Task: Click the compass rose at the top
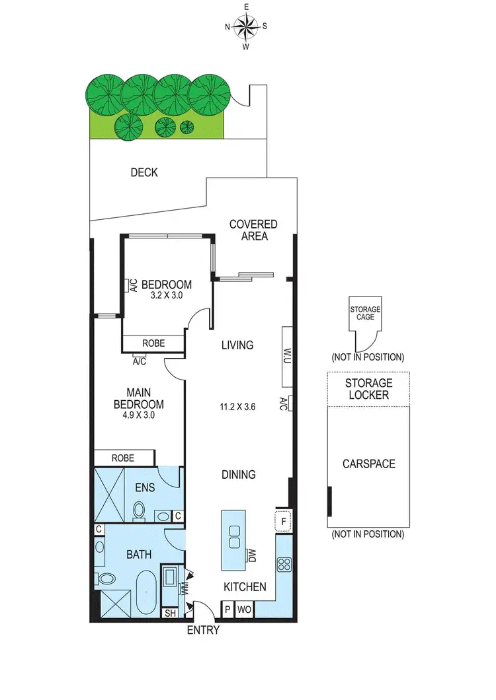tap(246, 27)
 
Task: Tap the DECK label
tap(144, 172)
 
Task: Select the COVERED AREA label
tap(253, 230)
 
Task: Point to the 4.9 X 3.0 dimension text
tap(138, 416)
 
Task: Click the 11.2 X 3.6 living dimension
tap(237, 407)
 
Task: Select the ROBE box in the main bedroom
tap(123, 458)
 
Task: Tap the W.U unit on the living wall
tap(288, 357)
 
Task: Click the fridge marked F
tap(282, 520)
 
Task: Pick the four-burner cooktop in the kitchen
tap(284, 565)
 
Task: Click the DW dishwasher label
tap(251, 556)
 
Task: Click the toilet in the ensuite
tap(139, 510)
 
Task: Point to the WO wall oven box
tap(243, 610)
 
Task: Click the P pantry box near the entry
tap(227, 610)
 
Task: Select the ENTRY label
tap(203, 630)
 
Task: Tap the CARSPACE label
tap(368, 464)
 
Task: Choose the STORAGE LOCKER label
tap(368, 388)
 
